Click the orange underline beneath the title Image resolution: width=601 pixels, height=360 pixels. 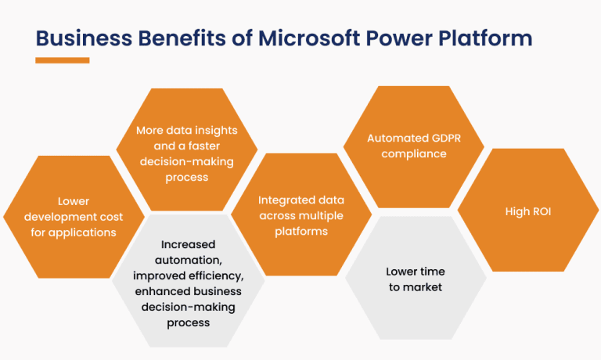(62, 60)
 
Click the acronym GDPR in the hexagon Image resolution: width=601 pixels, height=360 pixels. (443, 139)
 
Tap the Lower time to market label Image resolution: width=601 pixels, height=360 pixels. (415, 279)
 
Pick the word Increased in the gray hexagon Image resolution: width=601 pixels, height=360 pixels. (188, 245)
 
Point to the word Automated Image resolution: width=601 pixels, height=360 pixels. (397, 139)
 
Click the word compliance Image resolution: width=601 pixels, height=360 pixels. (414, 154)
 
